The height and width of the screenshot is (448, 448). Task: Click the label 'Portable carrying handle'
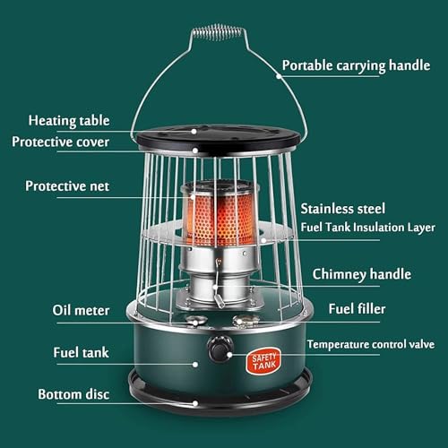(x=356, y=66)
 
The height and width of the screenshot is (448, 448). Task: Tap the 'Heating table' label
(x=69, y=121)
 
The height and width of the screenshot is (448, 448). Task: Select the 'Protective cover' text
(x=60, y=142)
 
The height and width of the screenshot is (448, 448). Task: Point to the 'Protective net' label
(x=67, y=186)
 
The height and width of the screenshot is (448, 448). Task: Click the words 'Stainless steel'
(x=343, y=209)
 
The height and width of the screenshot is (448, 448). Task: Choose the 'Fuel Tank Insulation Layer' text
(x=367, y=228)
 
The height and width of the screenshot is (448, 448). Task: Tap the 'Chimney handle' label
(x=362, y=274)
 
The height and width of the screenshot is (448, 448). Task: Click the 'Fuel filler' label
(x=357, y=309)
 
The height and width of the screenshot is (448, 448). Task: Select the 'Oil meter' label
(x=81, y=310)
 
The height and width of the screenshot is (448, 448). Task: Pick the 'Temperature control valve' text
(x=371, y=344)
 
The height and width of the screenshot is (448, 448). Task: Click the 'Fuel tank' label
(x=81, y=352)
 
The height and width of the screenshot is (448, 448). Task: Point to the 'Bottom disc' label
(x=73, y=394)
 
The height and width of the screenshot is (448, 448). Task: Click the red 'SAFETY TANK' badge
(x=263, y=361)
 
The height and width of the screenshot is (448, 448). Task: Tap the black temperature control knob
(x=220, y=349)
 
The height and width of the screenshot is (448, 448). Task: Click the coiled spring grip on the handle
(x=218, y=32)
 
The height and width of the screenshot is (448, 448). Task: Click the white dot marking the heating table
(x=194, y=131)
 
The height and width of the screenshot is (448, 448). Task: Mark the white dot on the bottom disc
(x=195, y=403)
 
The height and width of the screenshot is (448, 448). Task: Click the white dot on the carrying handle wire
(x=279, y=76)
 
